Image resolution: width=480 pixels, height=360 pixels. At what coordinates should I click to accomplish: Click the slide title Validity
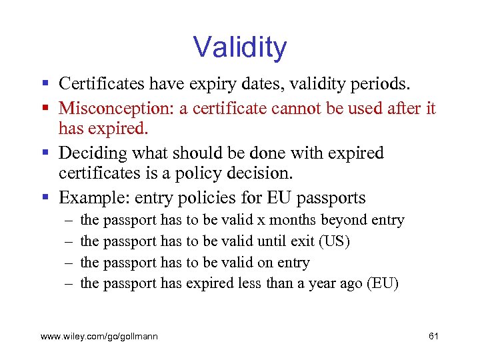tap(240, 47)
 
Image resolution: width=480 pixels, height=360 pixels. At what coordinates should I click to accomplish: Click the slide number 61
tap(433, 337)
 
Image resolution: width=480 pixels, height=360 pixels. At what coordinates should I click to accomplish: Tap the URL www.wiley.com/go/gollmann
tap(99, 337)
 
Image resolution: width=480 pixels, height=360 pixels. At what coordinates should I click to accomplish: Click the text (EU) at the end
tap(382, 283)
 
